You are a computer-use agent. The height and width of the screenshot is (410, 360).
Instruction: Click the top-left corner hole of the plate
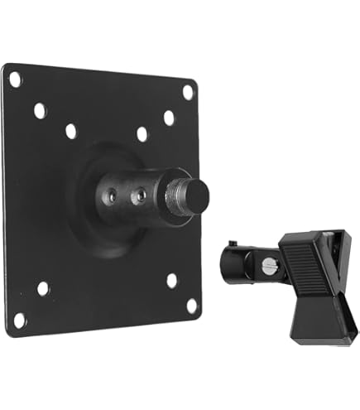[x=15, y=80]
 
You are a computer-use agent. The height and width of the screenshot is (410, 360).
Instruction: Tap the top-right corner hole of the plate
[x=188, y=92]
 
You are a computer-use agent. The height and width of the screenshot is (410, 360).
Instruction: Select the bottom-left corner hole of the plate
[x=18, y=320]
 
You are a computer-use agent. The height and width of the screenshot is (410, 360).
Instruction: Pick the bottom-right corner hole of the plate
[x=192, y=306]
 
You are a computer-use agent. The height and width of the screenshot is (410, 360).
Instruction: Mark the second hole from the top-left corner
[x=40, y=110]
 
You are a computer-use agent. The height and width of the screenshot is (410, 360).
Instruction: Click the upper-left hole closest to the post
[x=71, y=131]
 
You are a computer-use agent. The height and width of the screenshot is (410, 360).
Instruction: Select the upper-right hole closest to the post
[x=142, y=133]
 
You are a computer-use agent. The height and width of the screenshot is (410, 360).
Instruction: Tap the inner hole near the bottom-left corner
[x=43, y=288]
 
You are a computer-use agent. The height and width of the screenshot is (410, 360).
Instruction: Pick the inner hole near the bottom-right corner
[x=171, y=280]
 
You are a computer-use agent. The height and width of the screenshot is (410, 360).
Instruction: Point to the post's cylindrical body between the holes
[x=127, y=195]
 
